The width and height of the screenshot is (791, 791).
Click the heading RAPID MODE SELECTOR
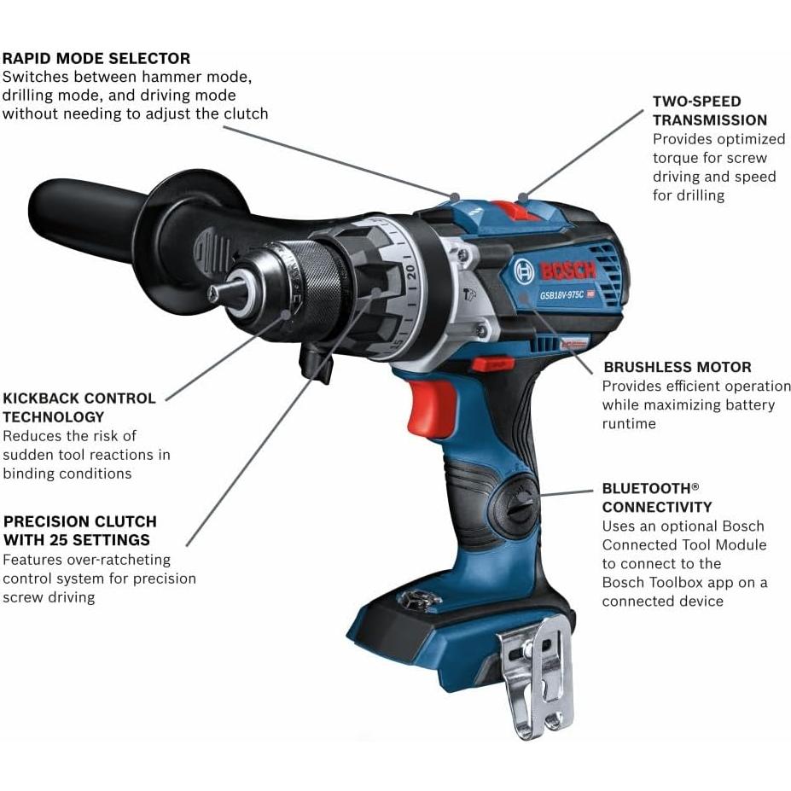(96, 59)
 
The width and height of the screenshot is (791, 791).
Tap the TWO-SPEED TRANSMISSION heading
(709, 111)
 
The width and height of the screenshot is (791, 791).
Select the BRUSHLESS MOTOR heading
(677, 368)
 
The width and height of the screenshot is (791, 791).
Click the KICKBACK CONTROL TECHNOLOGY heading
(79, 408)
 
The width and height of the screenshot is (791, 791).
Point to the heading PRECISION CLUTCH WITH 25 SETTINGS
(79, 531)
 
